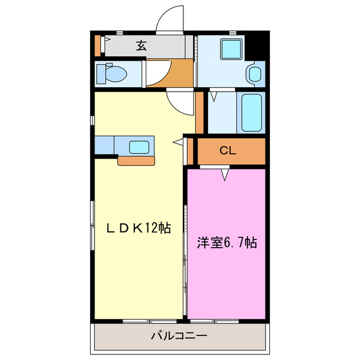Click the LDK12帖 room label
[x=139, y=228]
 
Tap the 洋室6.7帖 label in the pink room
[x=227, y=243]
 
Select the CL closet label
[x=227, y=150]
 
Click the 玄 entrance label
[x=141, y=46]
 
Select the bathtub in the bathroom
[x=251, y=113]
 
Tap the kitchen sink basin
[x=139, y=147]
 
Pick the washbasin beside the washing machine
[x=254, y=74]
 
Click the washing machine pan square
[x=231, y=49]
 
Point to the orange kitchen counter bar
[x=136, y=161]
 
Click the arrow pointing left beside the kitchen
[x=178, y=142]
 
